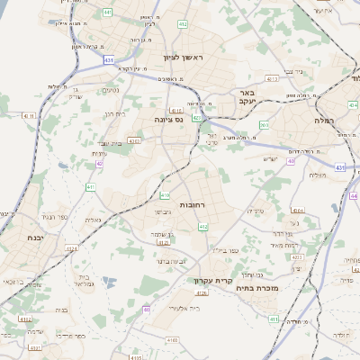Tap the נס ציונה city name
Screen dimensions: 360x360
[166, 118]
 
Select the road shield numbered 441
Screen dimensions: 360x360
[108, 13]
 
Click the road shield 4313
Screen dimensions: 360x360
[273, 79]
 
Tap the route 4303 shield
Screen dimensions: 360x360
[133, 141]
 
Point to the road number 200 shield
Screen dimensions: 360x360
[264, 125]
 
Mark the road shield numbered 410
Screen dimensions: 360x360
[165, 195]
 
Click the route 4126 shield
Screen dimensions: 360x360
[202, 292]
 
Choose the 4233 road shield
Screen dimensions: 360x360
[297, 256]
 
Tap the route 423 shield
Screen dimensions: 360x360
[196, 117]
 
